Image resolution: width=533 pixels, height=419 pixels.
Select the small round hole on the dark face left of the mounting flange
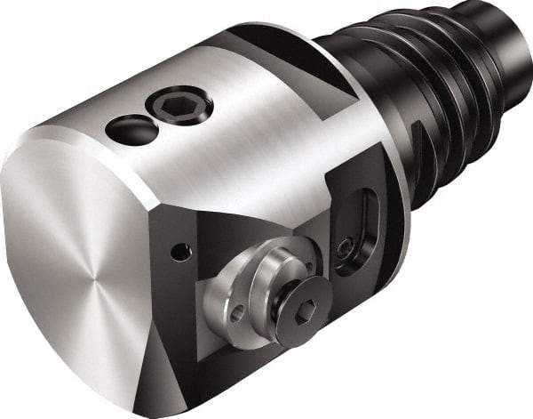(181, 254)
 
